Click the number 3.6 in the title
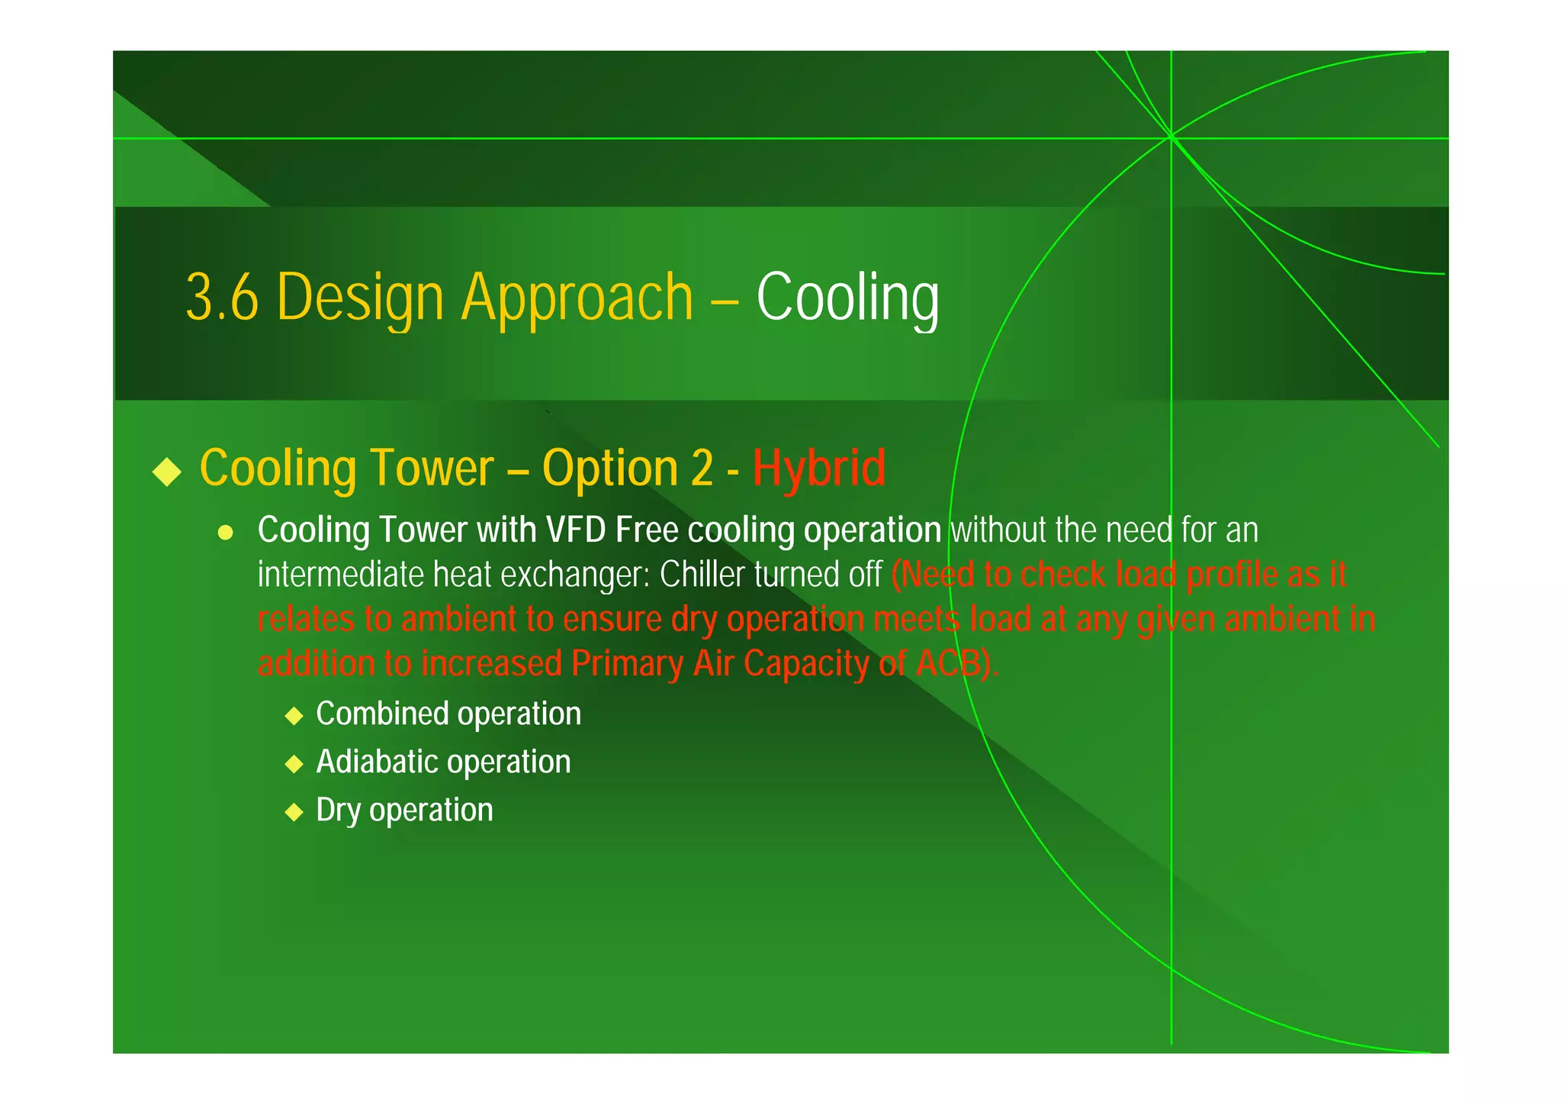(222, 298)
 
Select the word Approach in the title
(577, 298)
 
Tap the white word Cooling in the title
(847, 298)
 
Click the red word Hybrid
(819, 468)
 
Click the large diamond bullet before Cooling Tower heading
(167, 471)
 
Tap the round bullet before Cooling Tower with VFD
(225, 533)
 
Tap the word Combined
(382, 714)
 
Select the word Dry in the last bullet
(338, 810)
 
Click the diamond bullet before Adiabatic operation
(294, 764)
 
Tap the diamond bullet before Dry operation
(294, 812)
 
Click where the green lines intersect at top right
(1171, 137)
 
